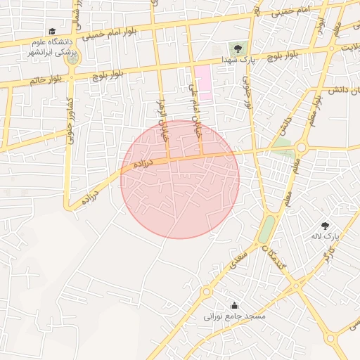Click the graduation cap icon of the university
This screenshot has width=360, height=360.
[52, 31]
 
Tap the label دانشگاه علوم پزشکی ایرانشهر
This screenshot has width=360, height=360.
[51, 46]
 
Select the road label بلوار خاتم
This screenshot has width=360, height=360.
[42, 79]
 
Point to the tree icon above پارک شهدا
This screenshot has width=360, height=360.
[237, 49]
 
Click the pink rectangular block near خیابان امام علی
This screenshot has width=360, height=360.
[203, 82]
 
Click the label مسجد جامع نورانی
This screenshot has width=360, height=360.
[235, 317]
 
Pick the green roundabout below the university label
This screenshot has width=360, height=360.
[71, 60]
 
